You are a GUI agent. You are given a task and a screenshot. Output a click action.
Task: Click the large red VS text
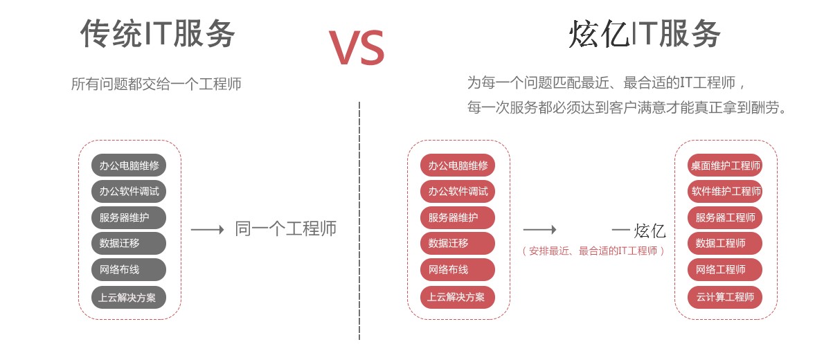tap(356, 47)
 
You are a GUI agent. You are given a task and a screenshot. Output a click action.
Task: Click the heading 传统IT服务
tap(158, 33)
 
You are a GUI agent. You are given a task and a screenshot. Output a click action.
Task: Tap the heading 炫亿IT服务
tap(645, 34)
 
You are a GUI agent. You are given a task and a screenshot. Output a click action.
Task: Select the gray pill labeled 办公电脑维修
tap(129, 165)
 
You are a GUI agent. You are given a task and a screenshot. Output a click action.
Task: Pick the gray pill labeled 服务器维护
tap(129, 217)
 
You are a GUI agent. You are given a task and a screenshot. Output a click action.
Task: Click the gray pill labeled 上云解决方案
tap(129, 298)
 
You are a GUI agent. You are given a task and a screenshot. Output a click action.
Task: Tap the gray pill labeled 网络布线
tap(129, 269)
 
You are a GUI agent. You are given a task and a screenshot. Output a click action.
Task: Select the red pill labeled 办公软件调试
tap(458, 192)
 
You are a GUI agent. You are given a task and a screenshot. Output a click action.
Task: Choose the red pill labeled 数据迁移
tap(458, 244)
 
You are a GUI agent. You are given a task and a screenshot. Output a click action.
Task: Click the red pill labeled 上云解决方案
tap(458, 298)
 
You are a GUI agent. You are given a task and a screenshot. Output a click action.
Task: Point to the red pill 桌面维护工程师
tap(725, 165)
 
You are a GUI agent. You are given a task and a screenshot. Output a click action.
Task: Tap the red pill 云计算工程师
tap(725, 297)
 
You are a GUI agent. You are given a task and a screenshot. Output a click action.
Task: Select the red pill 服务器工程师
tap(725, 217)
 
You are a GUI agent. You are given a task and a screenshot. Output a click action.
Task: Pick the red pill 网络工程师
tap(725, 269)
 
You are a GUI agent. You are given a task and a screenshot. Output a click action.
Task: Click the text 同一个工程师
tap(285, 229)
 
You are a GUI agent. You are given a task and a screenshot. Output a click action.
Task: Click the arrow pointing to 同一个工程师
tap(207, 229)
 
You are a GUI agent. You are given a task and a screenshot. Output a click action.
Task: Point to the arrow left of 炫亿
tap(539, 229)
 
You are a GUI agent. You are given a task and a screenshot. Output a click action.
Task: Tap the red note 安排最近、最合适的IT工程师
tap(593, 251)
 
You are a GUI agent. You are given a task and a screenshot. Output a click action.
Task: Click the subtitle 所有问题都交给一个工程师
tap(156, 84)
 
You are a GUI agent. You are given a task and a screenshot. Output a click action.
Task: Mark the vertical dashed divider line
tap(359, 222)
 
